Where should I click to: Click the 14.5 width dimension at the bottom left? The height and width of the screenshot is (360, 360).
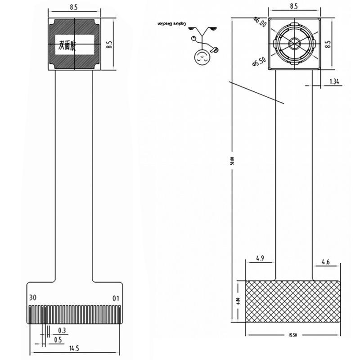(74, 348)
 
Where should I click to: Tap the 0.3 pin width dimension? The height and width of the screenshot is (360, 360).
(62, 330)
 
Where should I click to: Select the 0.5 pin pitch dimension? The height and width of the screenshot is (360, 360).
(58, 340)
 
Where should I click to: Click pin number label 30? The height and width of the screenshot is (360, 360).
(32, 298)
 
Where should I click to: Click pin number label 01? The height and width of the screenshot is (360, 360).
(116, 298)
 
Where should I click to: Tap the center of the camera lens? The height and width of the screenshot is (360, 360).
(294, 44)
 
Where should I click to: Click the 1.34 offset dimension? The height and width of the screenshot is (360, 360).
(335, 81)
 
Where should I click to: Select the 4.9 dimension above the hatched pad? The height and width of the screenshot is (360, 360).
(260, 258)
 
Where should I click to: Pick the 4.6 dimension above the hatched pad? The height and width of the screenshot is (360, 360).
(326, 261)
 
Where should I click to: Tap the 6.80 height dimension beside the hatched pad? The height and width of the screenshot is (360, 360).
(238, 301)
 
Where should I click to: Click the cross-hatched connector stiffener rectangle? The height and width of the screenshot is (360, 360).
(293, 301)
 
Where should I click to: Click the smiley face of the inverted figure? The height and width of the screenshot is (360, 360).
(201, 57)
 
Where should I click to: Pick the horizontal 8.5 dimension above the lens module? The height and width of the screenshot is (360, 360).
(294, 7)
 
